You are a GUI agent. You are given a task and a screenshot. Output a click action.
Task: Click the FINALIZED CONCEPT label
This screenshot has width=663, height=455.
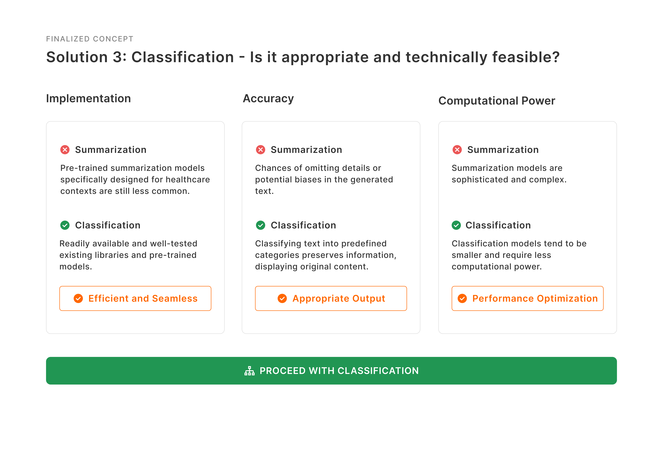tap(90, 39)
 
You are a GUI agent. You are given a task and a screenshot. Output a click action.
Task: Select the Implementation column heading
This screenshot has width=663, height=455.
tap(88, 98)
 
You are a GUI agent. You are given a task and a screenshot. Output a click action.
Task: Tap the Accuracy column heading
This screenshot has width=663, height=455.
tap(268, 98)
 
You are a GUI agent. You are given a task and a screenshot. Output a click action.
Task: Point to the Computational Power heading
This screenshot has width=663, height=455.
tap(497, 101)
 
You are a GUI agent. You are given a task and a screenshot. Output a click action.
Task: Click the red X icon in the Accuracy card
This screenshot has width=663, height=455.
tap(260, 150)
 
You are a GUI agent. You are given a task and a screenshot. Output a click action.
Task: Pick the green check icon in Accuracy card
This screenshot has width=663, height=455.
tap(260, 225)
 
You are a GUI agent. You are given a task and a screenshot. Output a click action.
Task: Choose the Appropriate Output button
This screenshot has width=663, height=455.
tap(331, 298)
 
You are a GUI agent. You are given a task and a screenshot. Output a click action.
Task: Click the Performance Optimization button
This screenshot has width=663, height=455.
tap(528, 298)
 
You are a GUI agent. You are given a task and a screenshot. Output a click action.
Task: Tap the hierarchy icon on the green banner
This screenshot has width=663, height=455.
tap(249, 371)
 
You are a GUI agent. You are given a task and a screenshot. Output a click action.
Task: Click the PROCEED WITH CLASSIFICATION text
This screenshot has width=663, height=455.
tap(339, 371)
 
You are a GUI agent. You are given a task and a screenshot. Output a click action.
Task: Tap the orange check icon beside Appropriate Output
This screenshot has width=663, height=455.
tap(282, 298)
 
